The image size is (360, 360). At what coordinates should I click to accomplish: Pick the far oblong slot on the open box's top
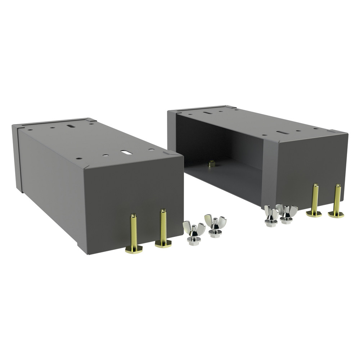[x=207, y=113]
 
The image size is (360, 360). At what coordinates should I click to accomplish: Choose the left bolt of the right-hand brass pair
[x=315, y=200]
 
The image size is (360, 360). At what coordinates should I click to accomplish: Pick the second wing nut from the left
[x=215, y=226]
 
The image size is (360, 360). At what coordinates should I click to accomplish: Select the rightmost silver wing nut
[x=287, y=213]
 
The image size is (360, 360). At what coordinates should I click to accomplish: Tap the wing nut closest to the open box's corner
[x=271, y=216]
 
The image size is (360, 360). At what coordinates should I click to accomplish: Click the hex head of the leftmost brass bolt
[x=134, y=249]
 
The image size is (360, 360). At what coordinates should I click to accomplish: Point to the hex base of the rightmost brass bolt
[x=336, y=215]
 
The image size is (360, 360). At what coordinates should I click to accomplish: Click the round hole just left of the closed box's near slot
[x=106, y=155]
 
